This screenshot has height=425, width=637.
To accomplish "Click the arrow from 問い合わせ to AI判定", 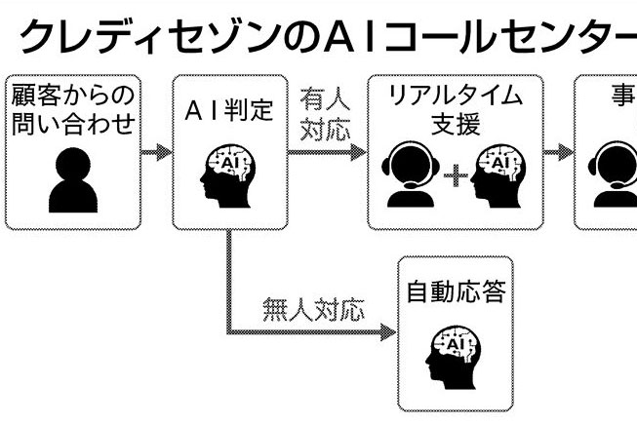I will [x=156, y=152].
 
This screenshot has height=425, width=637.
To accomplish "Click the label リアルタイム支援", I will [x=455, y=109].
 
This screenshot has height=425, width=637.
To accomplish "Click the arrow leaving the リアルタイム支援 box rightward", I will [x=559, y=152].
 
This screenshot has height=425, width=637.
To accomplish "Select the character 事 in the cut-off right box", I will [x=622, y=95].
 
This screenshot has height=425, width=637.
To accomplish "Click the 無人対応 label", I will [x=312, y=310].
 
